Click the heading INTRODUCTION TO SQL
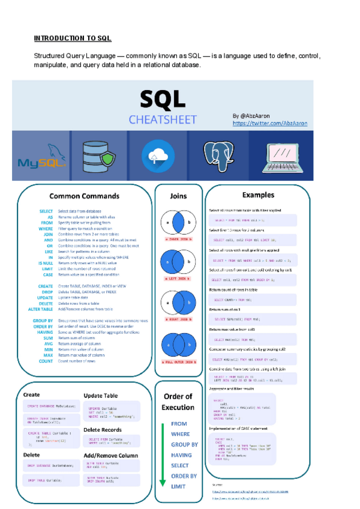[x=73, y=38]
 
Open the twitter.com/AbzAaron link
[x=269, y=122]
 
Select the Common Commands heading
[x=84, y=196]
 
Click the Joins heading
[x=178, y=196]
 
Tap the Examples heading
[x=258, y=195]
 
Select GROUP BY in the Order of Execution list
[x=184, y=445]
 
